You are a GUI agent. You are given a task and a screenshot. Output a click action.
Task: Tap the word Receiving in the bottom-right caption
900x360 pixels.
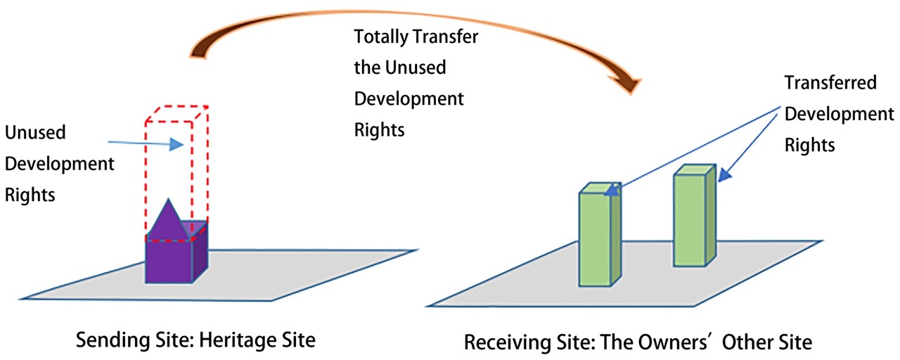pyautogui.click(x=500, y=342)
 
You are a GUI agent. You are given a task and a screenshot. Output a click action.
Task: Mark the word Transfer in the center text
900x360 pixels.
pyautogui.click(x=448, y=37)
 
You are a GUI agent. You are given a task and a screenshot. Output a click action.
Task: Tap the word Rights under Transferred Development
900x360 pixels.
pyautogui.click(x=809, y=145)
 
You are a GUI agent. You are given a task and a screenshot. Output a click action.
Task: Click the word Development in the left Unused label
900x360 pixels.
pyautogui.click(x=60, y=164)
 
